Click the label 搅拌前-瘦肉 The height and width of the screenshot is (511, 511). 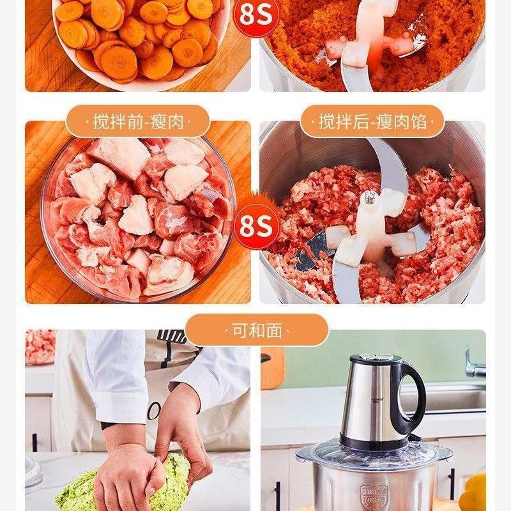[138, 121]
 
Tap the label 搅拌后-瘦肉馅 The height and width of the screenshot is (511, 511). [372, 121]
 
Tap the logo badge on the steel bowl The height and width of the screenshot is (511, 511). [373, 496]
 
